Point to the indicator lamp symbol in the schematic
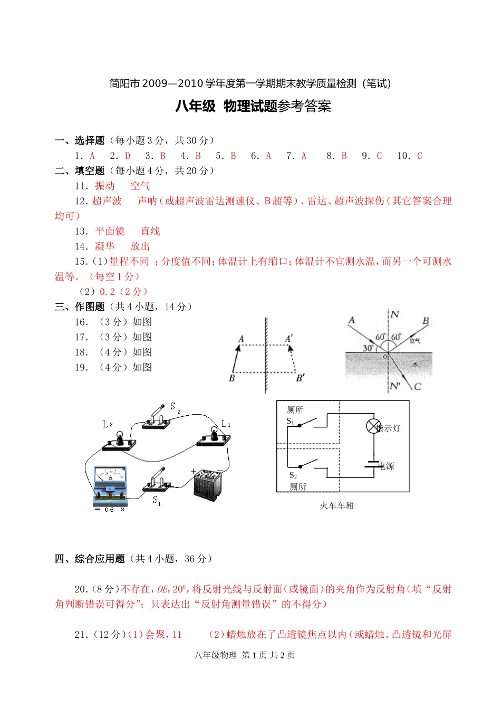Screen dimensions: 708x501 pos(373,426)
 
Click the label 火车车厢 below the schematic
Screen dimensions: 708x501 pos(336,505)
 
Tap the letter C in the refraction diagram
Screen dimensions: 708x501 pos(418,387)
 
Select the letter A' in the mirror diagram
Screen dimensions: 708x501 pos(289,339)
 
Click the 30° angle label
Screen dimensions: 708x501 pos(368,348)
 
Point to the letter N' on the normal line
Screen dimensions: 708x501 pos(395,386)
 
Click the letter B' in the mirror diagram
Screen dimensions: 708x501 pos(300,378)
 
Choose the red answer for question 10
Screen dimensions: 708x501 pos(419,156)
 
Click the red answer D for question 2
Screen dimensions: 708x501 pos(128,156)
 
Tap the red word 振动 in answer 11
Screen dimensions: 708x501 pos(105,186)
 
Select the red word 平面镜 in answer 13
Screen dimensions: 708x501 pos(110,231)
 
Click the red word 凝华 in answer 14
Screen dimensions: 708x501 pos(105,246)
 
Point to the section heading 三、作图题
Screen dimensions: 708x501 pos(80,307)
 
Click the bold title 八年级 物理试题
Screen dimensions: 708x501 pos(226,107)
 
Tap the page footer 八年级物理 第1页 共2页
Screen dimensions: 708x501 pos(245,655)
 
